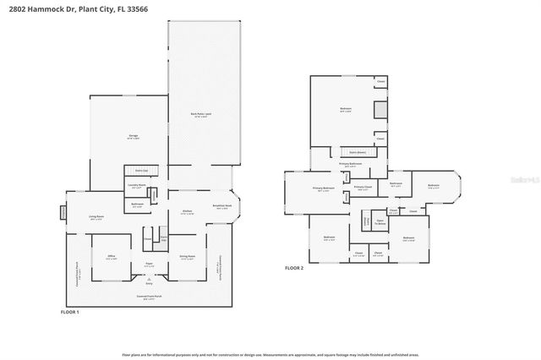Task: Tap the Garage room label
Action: pyautogui.click(x=133, y=135)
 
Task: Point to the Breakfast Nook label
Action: pyautogui.click(x=223, y=206)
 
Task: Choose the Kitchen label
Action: pyautogui.click(x=188, y=212)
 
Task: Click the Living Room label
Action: pyautogui.click(x=97, y=218)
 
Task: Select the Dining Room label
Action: pyautogui.click(x=188, y=257)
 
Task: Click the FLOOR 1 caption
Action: pyautogui.click(x=71, y=313)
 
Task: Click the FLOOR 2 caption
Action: pyautogui.click(x=293, y=267)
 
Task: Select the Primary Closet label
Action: pyautogui.click(x=361, y=188)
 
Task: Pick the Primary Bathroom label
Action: pyautogui.click(x=350, y=164)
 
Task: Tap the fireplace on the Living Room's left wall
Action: pyautogui.click(x=62, y=212)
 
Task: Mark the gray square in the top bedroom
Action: pyautogui.click(x=380, y=112)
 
